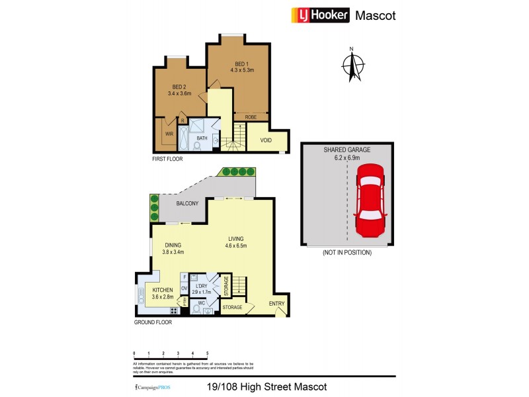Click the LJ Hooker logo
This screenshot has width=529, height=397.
[320, 15]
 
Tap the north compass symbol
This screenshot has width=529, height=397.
[353, 64]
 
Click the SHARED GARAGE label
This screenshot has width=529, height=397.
[346, 150]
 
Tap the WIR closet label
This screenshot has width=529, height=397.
[169, 132]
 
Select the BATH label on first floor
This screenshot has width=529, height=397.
[202, 138]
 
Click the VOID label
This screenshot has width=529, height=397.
[266, 140]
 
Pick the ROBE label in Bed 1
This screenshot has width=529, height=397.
[251, 117]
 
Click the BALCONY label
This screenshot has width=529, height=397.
[187, 203]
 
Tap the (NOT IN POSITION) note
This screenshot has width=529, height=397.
[346, 253]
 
